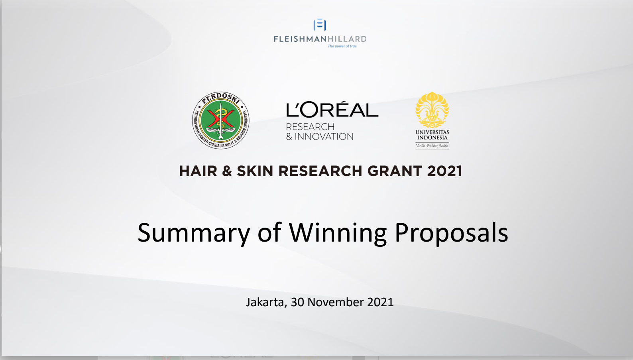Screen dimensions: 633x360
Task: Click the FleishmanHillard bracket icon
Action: (x=320, y=25)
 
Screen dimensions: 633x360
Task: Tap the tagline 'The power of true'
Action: (x=342, y=46)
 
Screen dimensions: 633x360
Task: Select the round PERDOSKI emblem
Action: (x=220, y=120)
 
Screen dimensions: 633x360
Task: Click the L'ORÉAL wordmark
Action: (x=332, y=109)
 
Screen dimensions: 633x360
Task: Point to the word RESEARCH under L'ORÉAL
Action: (x=310, y=127)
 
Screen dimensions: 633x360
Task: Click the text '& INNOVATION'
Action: (x=320, y=136)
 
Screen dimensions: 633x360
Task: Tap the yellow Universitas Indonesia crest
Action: (x=432, y=110)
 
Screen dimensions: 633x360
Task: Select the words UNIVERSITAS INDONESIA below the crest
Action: (x=432, y=135)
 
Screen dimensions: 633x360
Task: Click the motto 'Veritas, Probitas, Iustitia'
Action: (x=432, y=146)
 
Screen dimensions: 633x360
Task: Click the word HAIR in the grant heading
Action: (x=198, y=171)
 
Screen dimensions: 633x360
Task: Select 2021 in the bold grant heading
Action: (x=444, y=171)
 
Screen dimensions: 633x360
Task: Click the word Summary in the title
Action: (x=194, y=233)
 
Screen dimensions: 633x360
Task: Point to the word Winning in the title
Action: (x=338, y=233)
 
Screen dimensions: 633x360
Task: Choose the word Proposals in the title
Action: (x=451, y=233)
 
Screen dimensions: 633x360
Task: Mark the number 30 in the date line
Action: (x=297, y=302)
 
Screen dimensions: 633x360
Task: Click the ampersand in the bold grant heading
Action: (x=227, y=171)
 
